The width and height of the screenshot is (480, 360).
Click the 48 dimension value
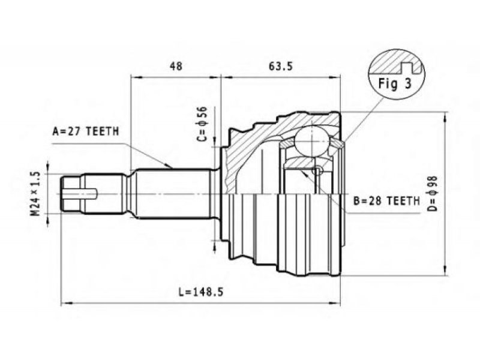[176, 66]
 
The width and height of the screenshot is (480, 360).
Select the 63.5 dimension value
[280, 66]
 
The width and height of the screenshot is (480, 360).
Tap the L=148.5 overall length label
[201, 292]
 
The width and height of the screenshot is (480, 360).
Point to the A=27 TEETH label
[86, 131]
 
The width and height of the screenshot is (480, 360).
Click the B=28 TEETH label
[386, 201]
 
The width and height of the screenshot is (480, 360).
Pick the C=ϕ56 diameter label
[202, 124]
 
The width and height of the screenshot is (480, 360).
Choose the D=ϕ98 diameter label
[433, 194]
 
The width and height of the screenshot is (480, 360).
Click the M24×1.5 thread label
[35, 193]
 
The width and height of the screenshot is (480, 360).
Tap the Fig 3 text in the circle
[395, 83]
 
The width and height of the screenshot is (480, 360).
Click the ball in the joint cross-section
[312, 141]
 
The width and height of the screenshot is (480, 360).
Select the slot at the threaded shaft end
[80, 193]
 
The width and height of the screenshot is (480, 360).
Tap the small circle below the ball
[318, 171]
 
